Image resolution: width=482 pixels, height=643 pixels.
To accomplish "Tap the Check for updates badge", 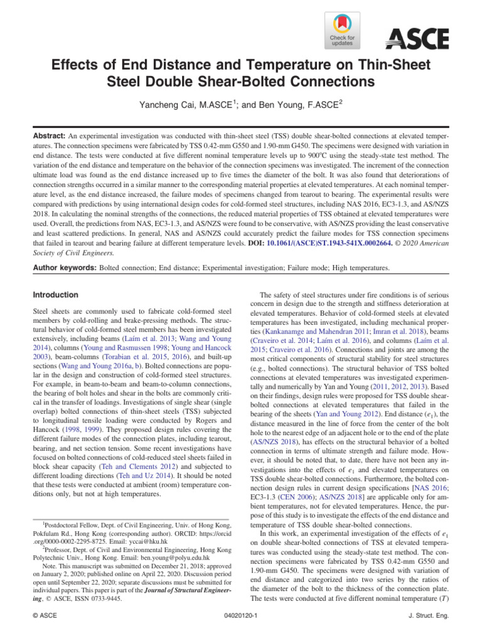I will (x=341, y=31).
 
